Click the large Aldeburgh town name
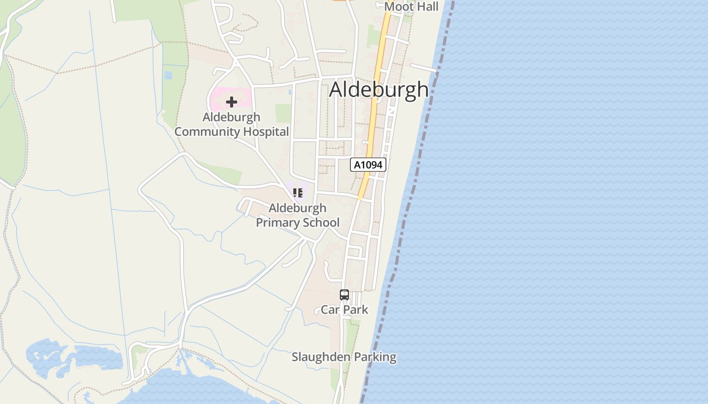coord(379,89)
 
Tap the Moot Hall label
coord(411,7)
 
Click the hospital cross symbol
coord(232,102)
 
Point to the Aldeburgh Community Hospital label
coord(232,124)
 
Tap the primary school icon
coord(298,192)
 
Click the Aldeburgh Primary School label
coord(297,215)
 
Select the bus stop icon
coord(344,295)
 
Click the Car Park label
coord(344,310)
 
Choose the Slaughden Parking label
coord(344,357)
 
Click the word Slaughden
coord(321,357)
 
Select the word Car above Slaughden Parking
coord(330,310)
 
